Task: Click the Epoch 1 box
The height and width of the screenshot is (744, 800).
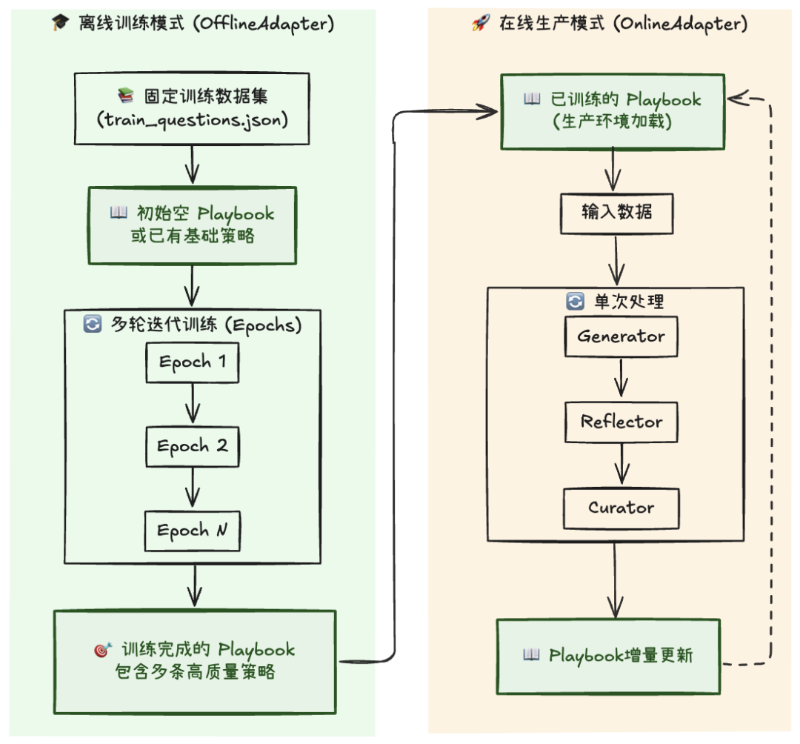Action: [193, 362]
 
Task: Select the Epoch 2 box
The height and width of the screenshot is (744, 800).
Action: [193, 447]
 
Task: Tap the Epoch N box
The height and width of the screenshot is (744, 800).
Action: [193, 531]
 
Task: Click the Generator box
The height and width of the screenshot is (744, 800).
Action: [621, 336]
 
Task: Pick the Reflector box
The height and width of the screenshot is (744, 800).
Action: [621, 422]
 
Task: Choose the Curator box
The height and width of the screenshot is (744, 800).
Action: [621, 508]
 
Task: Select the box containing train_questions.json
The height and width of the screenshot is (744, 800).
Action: [192, 108]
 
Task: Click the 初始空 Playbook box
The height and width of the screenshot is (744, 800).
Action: [192, 225]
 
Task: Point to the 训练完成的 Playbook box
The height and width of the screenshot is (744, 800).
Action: [194, 661]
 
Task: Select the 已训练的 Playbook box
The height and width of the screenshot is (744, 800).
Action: [613, 110]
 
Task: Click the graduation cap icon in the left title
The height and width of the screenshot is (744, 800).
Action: [59, 24]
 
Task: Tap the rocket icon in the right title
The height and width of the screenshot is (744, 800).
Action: [480, 24]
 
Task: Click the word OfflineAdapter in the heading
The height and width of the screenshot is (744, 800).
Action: [264, 24]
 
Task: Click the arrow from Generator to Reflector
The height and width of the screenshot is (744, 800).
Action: [621, 379]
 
